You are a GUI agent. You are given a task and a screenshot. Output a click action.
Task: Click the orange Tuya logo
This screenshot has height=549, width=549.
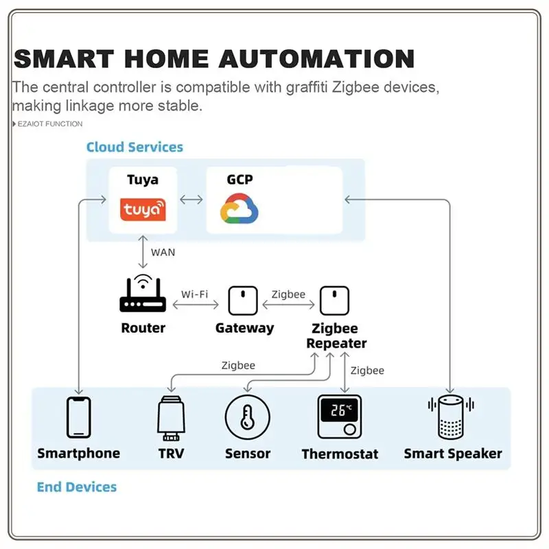click(143, 209)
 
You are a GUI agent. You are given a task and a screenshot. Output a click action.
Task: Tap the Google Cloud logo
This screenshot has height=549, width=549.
click(239, 209)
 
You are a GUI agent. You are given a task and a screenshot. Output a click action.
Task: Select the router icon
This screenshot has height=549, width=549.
click(143, 296)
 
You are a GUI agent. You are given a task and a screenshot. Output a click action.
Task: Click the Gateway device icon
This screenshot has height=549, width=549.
click(244, 299)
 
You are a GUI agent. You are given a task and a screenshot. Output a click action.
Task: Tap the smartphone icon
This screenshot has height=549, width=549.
click(78, 417)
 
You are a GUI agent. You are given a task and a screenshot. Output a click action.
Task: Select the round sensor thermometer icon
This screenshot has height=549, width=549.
click(248, 417)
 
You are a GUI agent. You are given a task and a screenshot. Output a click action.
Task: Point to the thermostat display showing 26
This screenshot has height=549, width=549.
click(340, 412)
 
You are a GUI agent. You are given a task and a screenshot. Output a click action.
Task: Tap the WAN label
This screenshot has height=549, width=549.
click(163, 252)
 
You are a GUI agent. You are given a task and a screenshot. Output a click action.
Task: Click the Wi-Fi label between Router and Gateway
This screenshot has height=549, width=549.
click(194, 294)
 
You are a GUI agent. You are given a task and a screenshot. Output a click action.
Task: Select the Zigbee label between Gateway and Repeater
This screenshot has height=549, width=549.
click(288, 294)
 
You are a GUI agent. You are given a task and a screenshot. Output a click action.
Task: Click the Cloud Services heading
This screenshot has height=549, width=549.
click(135, 147)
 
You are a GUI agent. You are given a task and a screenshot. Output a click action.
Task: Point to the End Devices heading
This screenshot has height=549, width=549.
click(77, 487)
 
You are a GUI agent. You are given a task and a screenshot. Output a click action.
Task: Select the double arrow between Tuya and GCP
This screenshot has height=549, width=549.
click(191, 200)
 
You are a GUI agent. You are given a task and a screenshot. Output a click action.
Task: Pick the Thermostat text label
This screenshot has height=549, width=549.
click(340, 454)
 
